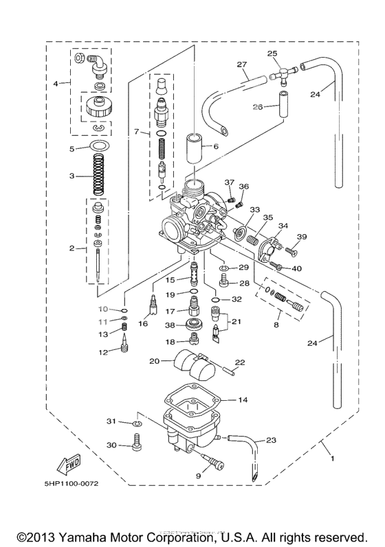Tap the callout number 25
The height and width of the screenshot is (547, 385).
pyautogui.click(x=272, y=53)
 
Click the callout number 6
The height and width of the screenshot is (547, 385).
pyautogui.click(x=215, y=146)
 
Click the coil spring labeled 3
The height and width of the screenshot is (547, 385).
pyautogui.click(x=102, y=176)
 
